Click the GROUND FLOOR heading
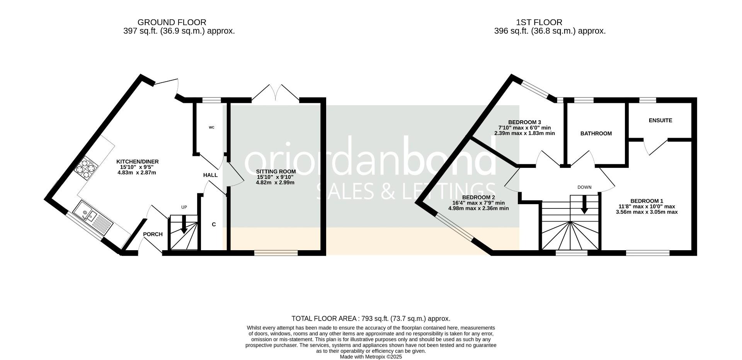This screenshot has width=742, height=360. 172,22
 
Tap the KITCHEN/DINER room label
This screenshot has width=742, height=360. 137,162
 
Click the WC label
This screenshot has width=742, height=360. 211,127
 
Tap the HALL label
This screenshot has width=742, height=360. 210,175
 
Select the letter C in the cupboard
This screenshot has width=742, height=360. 214,224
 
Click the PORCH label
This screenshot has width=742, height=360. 153,234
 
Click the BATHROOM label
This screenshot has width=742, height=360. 596,133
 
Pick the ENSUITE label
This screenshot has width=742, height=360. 660,120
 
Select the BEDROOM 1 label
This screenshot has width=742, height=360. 647,201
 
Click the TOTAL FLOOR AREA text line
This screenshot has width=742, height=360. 371,319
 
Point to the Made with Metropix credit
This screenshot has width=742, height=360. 371,357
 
